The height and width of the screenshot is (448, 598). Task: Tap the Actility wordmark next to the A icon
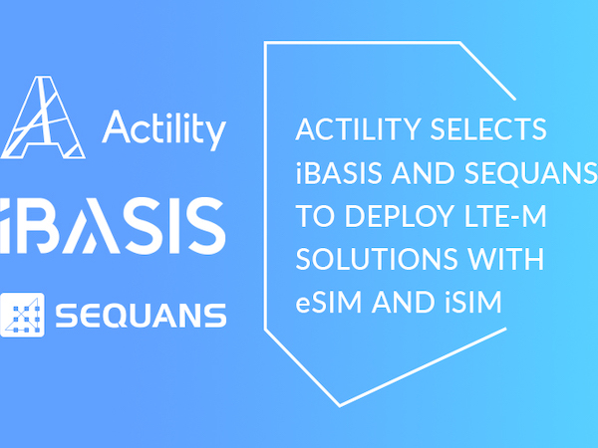point(164,130)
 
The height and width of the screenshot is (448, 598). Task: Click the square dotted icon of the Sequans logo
point(23,314)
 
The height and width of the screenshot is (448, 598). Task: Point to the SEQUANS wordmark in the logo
point(140,316)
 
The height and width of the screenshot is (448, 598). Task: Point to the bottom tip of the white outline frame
point(339,405)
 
